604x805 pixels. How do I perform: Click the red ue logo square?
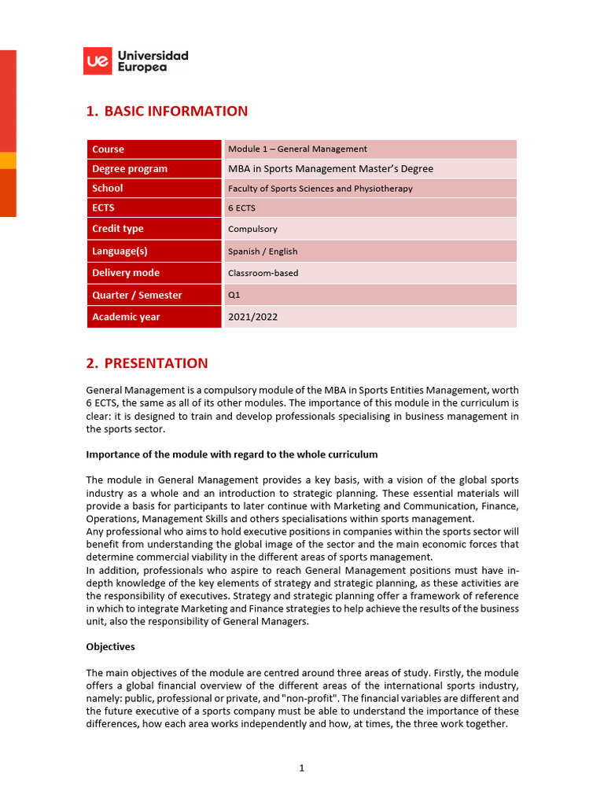pyautogui.click(x=98, y=61)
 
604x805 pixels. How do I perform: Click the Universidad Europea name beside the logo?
pyautogui.click(x=153, y=61)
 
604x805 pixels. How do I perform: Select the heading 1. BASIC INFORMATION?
pyautogui.click(x=167, y=111)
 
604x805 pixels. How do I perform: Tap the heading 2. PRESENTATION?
pyautogui.click(x=147, y=363)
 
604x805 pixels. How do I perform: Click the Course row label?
pyautogui.click(x=109, y=149)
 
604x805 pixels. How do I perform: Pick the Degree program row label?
pyautogui.click(x=130, y=168)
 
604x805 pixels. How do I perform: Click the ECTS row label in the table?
pyautogui.click(x=103, y=208)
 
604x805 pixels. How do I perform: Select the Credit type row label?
pyautogui.click(x=118, y=229)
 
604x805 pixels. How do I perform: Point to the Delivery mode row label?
pyautogui.click(x=126, y=273)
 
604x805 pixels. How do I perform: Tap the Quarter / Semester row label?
pyautogui.click(x=137, y=295)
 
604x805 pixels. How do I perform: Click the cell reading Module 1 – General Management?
pyautogui.click(x=297, y=149)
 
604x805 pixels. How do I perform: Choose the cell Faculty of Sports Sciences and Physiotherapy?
pyautogui.click(x=320, y=189)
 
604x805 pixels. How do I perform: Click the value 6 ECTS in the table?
pyautogui.click(x=241, y=208)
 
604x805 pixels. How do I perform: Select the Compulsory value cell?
pyautogui.click(x=252, y=230)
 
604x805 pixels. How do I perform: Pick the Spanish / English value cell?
pyautogui.click(x=263, y=252)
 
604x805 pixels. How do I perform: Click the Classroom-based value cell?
pyautogui.click(x=263, y=274)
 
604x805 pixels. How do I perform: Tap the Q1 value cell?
pyautogui.click(x=234, y=295)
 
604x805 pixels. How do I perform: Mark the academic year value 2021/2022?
pyautogui.click(x=252, y=317)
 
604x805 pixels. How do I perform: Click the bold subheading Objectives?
pyautogui.click(x=110, y=647)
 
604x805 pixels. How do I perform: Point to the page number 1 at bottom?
pyautogui.click(x=301, y=768)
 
